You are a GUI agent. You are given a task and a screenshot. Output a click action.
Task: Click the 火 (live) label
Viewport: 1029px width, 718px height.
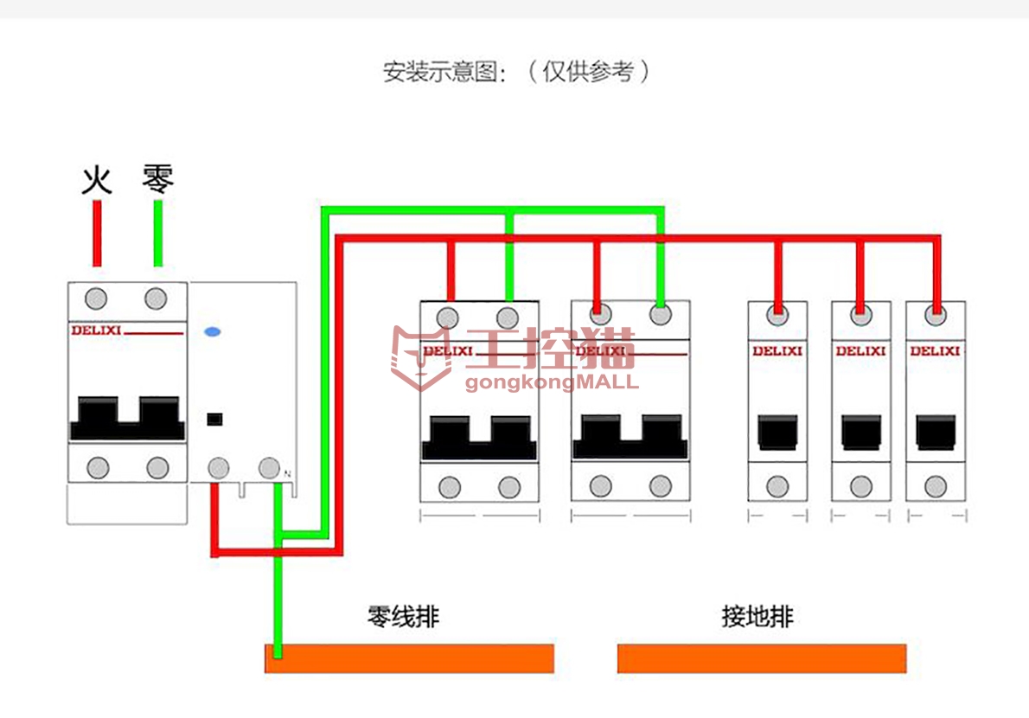pyautogui.click(x=97, y=181)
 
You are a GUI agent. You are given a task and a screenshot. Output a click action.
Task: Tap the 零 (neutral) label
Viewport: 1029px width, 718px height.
pyautogui.click(x=158, y=180)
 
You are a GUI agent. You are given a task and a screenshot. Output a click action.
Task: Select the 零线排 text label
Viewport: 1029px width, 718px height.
pyautogui.click(x=404, y=617)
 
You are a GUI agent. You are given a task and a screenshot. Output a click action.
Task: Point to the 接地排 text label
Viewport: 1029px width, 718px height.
pyautogui.click(x=757, y=617)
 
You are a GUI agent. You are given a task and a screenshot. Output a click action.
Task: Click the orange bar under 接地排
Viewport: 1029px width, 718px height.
pyautogui.click(x=761, y=658)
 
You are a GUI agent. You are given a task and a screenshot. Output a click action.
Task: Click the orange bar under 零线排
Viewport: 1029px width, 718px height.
pyautogui.click(x=409, y=658)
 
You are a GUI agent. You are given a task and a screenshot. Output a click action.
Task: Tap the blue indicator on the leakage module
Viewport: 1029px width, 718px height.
pyautogui.click(x=211, y=331)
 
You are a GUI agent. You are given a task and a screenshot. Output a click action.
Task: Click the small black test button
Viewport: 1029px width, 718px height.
pyautogui.click(x=214, y=420)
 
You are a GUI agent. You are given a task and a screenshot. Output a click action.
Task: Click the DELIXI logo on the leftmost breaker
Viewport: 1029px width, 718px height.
pyautogui.click(x=96, y=330)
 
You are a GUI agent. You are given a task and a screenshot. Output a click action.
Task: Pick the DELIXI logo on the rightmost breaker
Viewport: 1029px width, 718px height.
pyautogui.click(x=935, y=351)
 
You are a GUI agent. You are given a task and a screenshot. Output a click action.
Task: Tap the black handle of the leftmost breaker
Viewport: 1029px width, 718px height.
pyautogui.click(x=127, y=419)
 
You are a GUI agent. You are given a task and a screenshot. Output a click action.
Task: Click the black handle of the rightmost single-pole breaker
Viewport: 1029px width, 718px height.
pyautogui.click(x=935, y=432)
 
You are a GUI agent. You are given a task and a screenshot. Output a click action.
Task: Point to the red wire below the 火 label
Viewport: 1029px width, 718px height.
pyautogui.click(x=98, y=234)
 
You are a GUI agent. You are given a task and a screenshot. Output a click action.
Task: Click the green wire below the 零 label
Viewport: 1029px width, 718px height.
pyautogui.click(x=158, y=234)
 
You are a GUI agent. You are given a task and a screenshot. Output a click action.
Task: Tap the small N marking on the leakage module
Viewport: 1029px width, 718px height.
pyautogui.click(x=287, y=473)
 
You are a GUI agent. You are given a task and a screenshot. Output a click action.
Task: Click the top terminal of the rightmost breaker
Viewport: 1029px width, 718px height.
pyautogui.click(x=935, y=315)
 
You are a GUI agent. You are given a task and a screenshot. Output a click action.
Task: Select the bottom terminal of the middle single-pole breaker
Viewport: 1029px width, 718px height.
pyautogui.click(x=860, y=486)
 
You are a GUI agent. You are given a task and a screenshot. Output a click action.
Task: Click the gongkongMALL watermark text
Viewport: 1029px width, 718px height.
pyautogui.click(x=552, y=381)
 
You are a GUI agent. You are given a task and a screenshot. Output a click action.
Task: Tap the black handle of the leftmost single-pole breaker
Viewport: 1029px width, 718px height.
pyautogui.click(x=777, y=432)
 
